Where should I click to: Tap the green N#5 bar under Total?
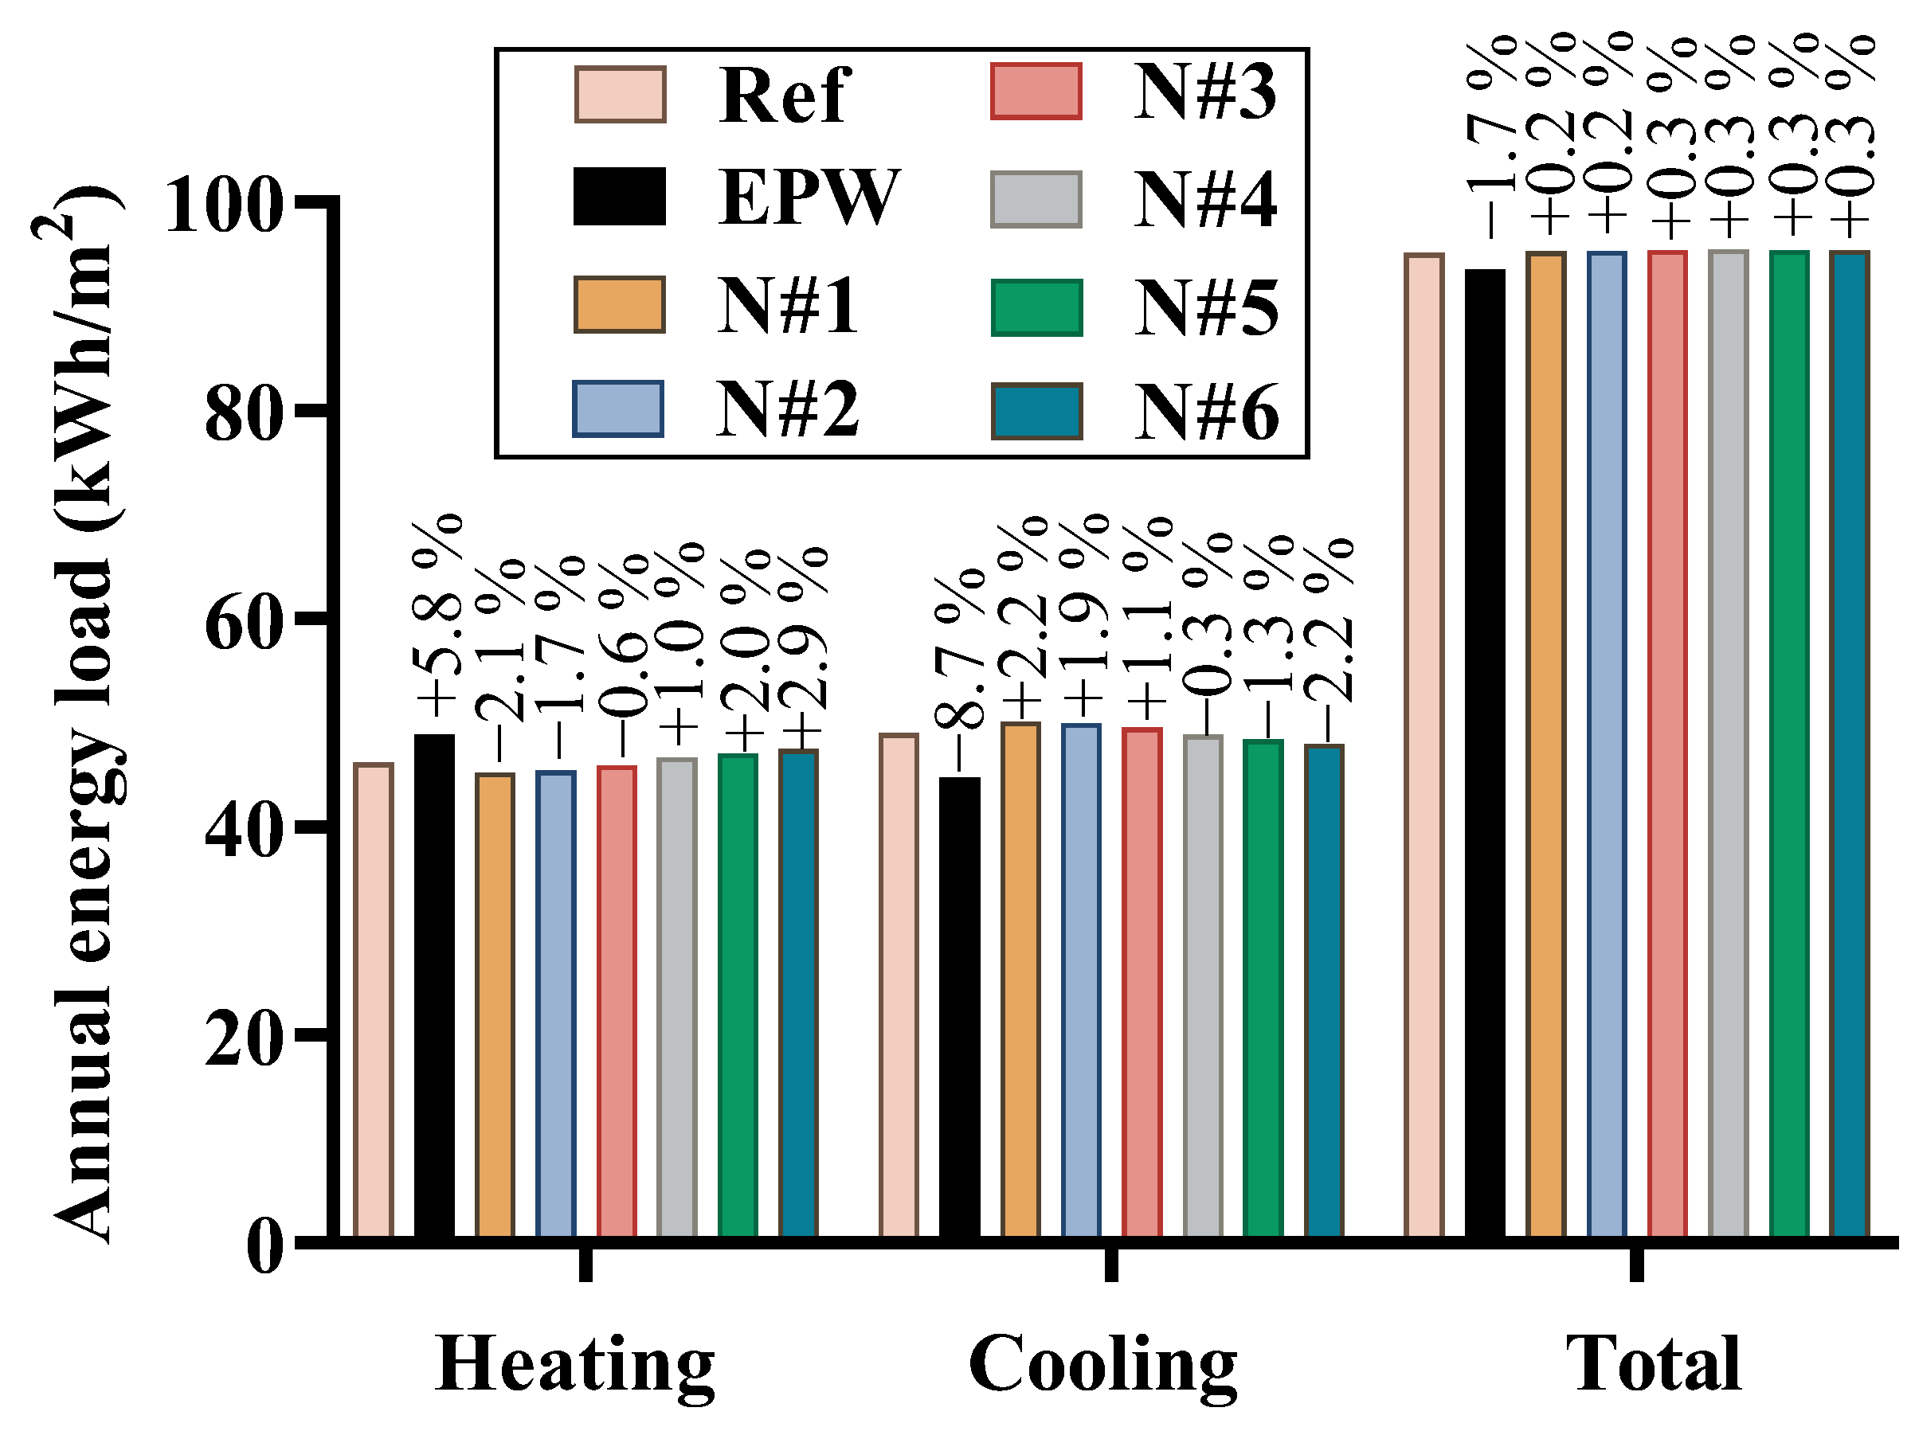coord(1788,745)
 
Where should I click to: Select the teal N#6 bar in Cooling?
coord(1324,991)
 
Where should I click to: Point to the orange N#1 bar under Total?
coord(1545,745)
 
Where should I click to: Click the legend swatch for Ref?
coord(620,94)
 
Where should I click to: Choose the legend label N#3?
coord(1204,92)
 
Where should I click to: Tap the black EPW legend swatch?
coord(620,197)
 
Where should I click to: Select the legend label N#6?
coord(1206,412)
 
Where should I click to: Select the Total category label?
coord(1654,1363)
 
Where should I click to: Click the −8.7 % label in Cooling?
coord(959,671)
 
